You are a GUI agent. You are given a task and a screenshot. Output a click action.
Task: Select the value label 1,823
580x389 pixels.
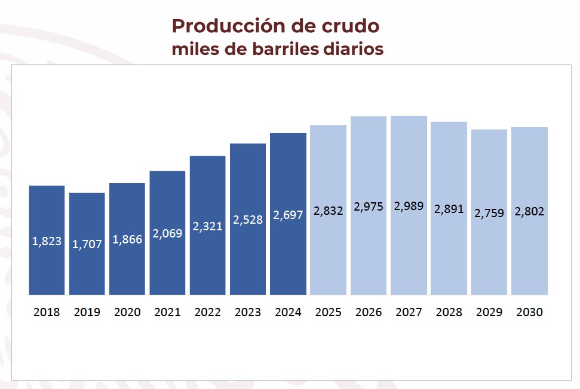coord(47,242)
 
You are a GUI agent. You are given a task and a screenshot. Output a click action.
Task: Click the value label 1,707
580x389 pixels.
coord(87,244)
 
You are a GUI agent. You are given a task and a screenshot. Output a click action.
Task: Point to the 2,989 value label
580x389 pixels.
coord(409,206)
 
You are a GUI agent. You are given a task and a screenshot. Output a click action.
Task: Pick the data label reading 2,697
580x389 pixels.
coord(288,215)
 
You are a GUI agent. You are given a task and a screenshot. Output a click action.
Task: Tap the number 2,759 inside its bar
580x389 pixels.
coord(489,213)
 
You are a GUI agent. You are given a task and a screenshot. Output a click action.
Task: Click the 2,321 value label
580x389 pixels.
coord(207,227)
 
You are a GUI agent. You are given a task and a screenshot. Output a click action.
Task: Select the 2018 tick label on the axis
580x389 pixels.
coord(47,312)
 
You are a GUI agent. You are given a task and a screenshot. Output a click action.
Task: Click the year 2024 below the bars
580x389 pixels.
coord(288,312)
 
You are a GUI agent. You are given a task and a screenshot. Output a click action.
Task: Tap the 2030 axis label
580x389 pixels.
coord(529,312)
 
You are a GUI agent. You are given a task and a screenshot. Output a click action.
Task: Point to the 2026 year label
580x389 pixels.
coord(369,312)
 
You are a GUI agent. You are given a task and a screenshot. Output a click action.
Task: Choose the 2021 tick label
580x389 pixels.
coord(167,312)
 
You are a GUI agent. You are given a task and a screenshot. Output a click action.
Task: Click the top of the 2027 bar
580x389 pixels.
coord(409,116)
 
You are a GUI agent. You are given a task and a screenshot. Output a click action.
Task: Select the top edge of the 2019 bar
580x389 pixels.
coord(87,193)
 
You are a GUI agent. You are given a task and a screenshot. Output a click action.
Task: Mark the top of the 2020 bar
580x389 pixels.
coord(127,184)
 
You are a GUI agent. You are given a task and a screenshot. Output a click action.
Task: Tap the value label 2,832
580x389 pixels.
coord(328,211)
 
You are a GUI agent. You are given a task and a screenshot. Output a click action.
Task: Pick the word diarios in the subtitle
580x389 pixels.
coord(352,49)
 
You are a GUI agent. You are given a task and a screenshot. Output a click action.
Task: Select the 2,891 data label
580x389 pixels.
coord(449,209)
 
